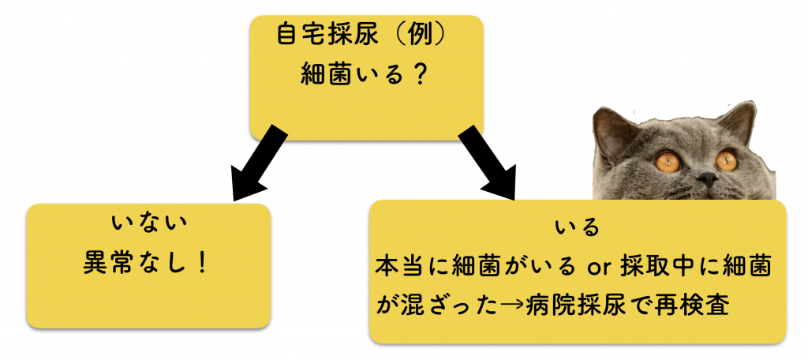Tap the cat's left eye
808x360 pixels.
668,163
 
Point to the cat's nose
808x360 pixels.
707,181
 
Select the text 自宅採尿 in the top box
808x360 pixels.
320,36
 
